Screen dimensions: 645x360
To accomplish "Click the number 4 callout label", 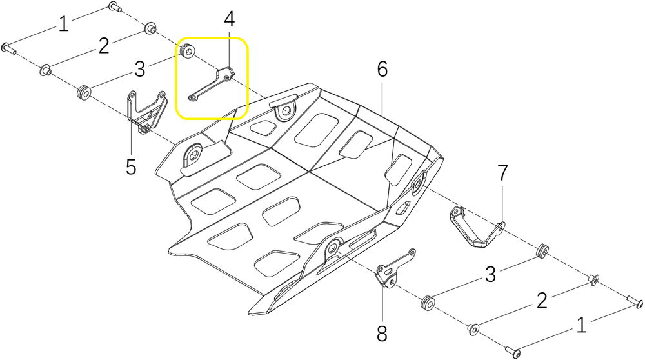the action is (230, 19).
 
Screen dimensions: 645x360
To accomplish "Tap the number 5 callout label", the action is (131, 167).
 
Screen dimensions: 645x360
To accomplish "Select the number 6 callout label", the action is (382, 70).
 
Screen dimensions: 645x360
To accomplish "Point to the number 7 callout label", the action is (502, 173).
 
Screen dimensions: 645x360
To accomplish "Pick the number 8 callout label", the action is (382, 334).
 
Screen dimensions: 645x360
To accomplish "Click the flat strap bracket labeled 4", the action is (212, 84).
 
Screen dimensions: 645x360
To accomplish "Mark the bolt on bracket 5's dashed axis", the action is (10, 48).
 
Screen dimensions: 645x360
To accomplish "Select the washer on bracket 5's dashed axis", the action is (46, 70).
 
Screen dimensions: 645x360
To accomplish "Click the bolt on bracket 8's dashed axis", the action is (513, 352).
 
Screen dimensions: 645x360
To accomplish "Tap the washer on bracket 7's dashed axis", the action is (593, 279).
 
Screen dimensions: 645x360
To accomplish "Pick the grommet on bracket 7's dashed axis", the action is (542, 250).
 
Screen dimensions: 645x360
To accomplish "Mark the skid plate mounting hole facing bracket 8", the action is (333, 248).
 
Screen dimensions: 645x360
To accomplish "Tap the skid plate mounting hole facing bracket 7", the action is (420, 181).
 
